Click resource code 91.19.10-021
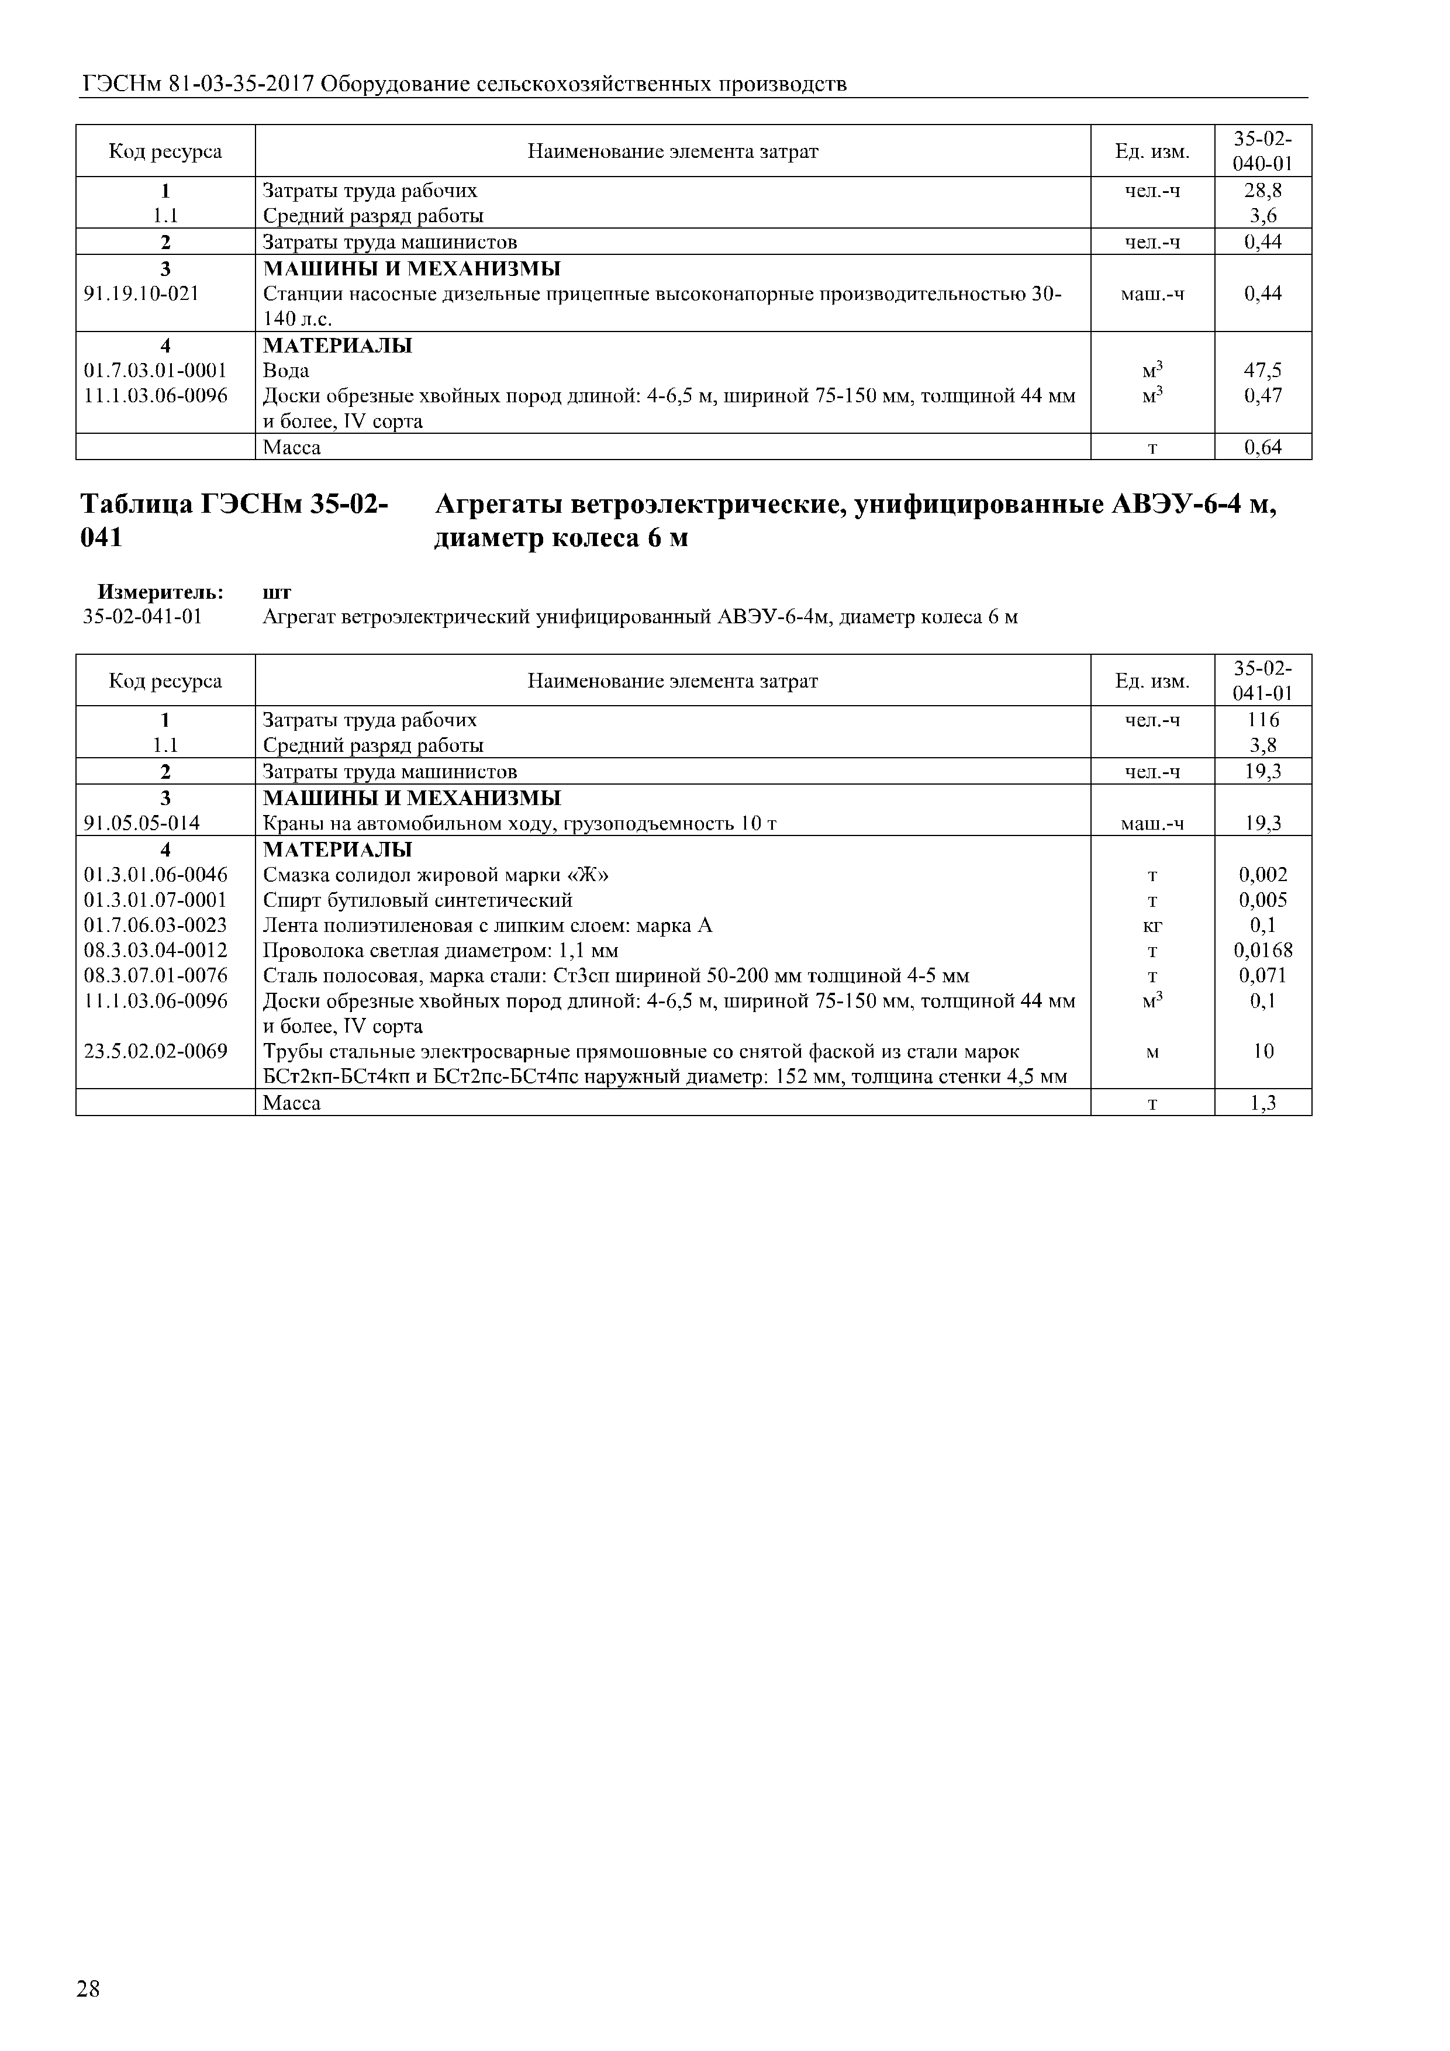[x=141, y=293]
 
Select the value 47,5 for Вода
[x=1262, y=370]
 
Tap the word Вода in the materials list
[x=286, y=370]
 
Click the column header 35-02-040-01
[x=1262, y=151]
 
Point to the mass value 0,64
[x=1262, y=447]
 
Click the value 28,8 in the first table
[x=1262, y=190]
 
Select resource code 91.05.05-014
[x=141, y=823]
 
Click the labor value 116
[x=1262, y=720]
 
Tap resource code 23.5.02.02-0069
[x=156, y=1051]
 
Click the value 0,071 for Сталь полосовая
[x=1262, y=975]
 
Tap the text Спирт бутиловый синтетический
[x=417, y=900]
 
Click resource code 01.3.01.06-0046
[x=156, y=875]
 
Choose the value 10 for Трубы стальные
[x=1262, y=1051]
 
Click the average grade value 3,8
[x=1262, y=745]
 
